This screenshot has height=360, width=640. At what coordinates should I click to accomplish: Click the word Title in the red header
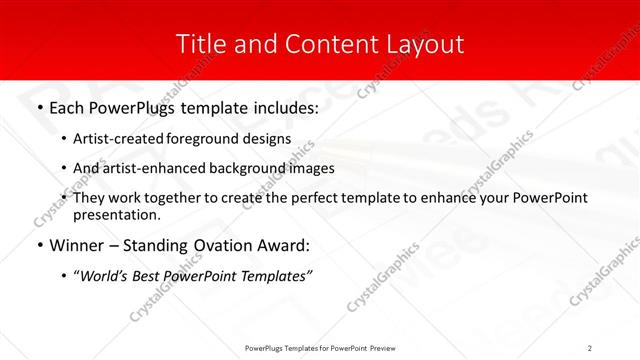(198, 45)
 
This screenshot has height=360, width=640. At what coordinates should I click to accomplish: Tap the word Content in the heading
(319, 45)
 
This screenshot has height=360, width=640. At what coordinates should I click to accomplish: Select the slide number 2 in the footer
(590, 347)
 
